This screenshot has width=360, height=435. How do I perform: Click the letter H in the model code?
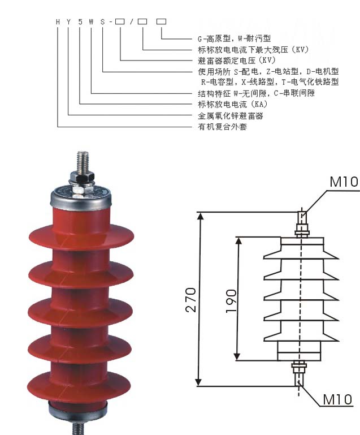(x=58, y=21)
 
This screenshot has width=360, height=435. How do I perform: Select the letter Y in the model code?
(x=69, y=21)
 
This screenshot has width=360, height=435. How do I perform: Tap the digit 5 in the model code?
(x=80, y=21)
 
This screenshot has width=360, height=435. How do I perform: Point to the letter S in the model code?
(x=103, y=21)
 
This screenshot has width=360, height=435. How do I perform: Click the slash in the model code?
(x=131, y=21)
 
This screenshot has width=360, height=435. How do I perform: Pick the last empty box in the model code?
(x=161, y=21)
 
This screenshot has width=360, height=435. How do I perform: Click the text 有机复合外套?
(x=222, y=127)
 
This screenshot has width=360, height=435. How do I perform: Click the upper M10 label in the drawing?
(x=344, y=182)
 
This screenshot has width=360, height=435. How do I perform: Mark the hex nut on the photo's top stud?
(x=83, y=180)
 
